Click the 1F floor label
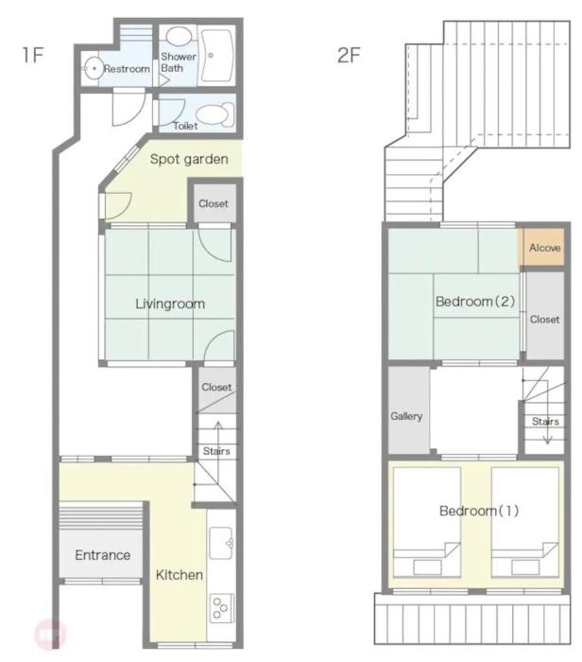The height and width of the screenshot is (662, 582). tap(33, 55)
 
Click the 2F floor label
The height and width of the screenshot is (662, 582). tap(349, 55)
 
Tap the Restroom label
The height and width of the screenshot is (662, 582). tap(127, 69)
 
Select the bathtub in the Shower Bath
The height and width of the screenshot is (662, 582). tap(216, 55)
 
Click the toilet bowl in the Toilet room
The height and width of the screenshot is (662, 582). tap(215, 115)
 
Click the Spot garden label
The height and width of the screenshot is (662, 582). tap(189, 159)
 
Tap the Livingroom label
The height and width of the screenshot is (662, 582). tap(170, 304)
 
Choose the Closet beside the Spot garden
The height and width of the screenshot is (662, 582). tap(214, 203)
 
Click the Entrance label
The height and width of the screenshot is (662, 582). tap(102, 555)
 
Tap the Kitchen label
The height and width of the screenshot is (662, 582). tap(180, 575)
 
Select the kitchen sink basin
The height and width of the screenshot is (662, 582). tap(221, 543)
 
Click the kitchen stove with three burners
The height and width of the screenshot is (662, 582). tap(221, 608)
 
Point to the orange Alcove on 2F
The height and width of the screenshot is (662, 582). tap(544, 248)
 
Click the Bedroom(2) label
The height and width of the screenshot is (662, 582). tap(475, 302)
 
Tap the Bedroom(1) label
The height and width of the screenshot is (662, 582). tap(479, 511)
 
